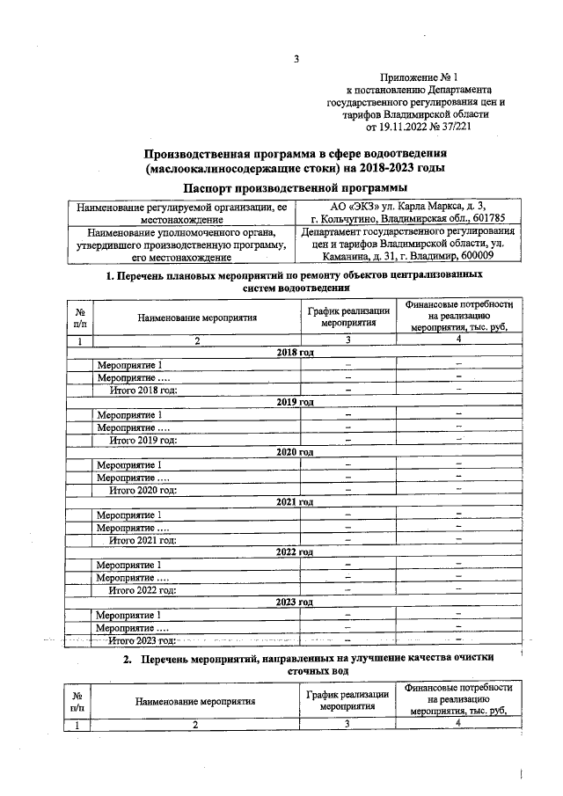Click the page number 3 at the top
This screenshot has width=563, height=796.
(x=296, y=60)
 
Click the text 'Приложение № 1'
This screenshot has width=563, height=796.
(x=415, y=78)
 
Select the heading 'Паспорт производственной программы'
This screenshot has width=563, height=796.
(x=296, y=188)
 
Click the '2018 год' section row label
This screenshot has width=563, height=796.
(x=296, y=352)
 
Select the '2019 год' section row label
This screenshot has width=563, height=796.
(x=296, y=402)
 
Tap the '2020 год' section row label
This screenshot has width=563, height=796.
(x=296, y=451)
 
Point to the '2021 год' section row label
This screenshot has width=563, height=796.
(x=296, y=501)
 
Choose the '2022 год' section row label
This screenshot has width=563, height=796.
(x=296, y=551)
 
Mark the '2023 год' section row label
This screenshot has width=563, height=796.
(x=296, y=602)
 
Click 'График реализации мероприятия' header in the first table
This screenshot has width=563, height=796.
(x=347, y=316)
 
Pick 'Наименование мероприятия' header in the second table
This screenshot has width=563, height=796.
(x=194, y=702)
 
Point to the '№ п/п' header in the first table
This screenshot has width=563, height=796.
(x=80, y=316)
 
